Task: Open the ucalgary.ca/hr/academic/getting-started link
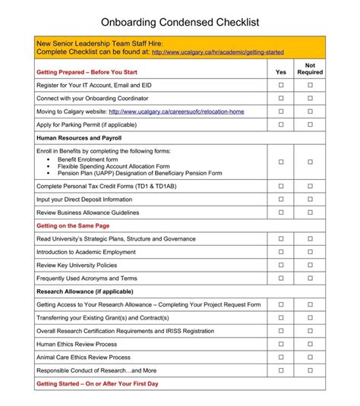coord(217,53)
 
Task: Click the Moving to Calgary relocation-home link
coord(189,112)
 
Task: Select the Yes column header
coord(280,72)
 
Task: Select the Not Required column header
coord(310,69)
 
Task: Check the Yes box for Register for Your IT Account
coord(280,86)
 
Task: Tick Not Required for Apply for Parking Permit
coord(310,124)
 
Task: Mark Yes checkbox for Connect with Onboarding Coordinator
coord(280,99)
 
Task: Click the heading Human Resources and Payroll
coord(79,138)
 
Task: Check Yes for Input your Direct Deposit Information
coord(280,199)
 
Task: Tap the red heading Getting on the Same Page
coord(73,225)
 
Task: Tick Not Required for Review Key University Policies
coord(310,265)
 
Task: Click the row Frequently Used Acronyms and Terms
coord(87,279)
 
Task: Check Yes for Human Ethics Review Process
coord(280,344)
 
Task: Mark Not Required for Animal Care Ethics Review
coord(310,357)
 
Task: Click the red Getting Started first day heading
coord(97,384)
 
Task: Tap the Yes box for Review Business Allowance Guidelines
coord(280,212)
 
